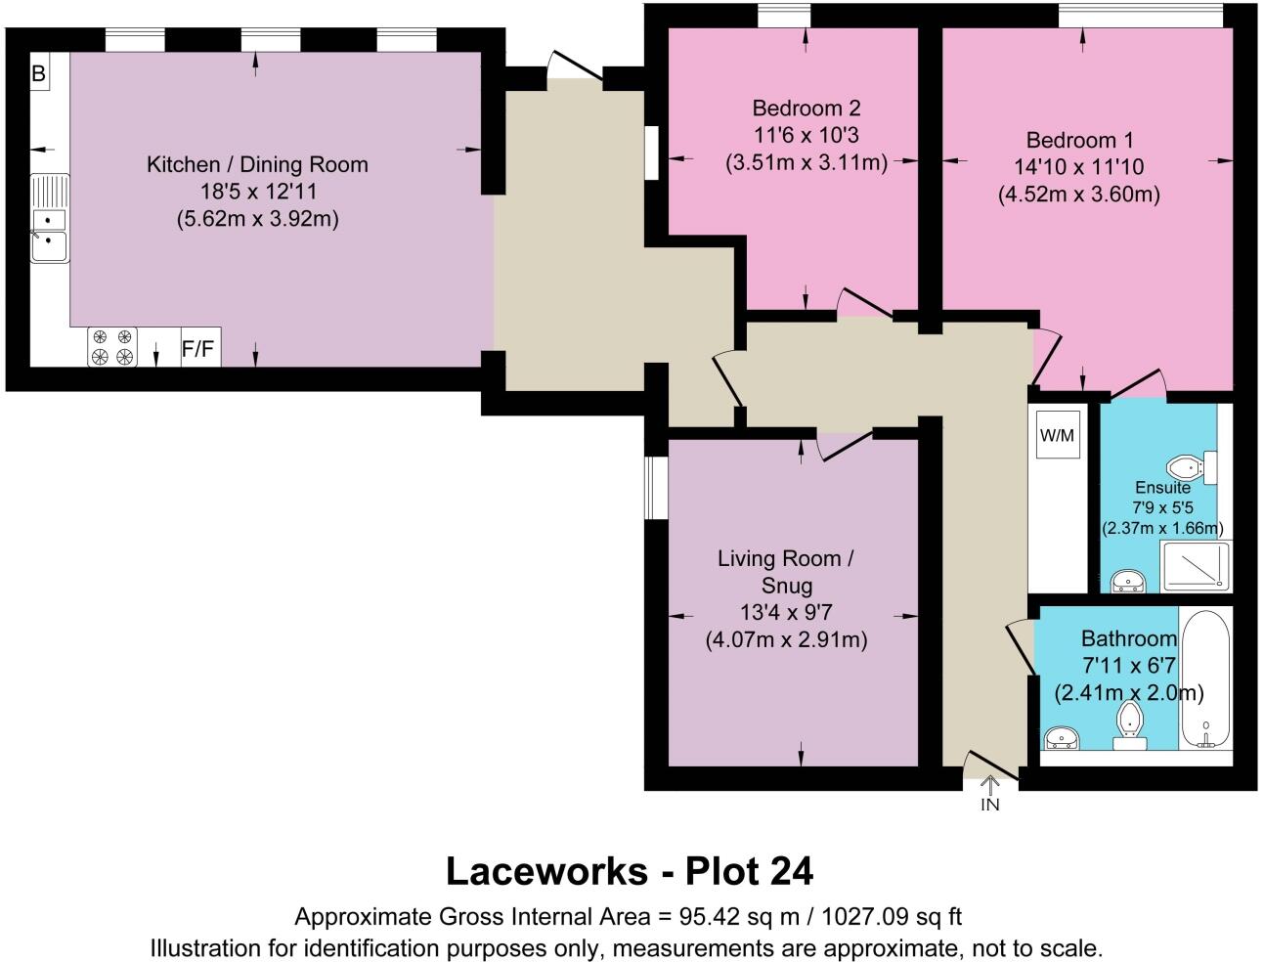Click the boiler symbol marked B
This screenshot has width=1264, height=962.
coord(39,74)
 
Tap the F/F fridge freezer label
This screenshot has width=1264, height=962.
coord(199,348)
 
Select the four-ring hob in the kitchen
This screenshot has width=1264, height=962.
coord(111,347)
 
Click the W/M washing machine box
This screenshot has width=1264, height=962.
coord(1057,435)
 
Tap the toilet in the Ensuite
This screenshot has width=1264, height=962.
coord(1192,467)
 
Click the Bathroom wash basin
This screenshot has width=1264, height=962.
coord(1062,737)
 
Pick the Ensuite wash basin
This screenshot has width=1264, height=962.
coord(1129,582)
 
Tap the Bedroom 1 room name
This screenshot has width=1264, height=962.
coord(1079,140)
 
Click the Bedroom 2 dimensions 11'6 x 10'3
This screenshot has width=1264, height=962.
coord(806,135)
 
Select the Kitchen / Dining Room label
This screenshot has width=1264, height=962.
coord(257,164)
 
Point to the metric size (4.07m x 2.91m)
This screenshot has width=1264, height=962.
coord(786,641)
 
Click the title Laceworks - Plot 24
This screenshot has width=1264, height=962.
coord(630,870)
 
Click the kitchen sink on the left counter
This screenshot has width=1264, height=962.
coord(48,232)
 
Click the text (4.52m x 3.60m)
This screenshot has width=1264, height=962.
coord(1079,195)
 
